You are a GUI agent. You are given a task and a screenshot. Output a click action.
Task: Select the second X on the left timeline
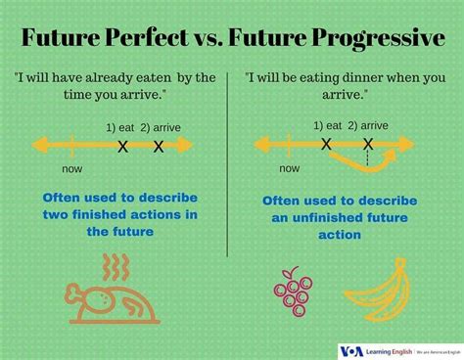tap(159, 147)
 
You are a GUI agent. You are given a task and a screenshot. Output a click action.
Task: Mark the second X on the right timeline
tap(368, 144)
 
